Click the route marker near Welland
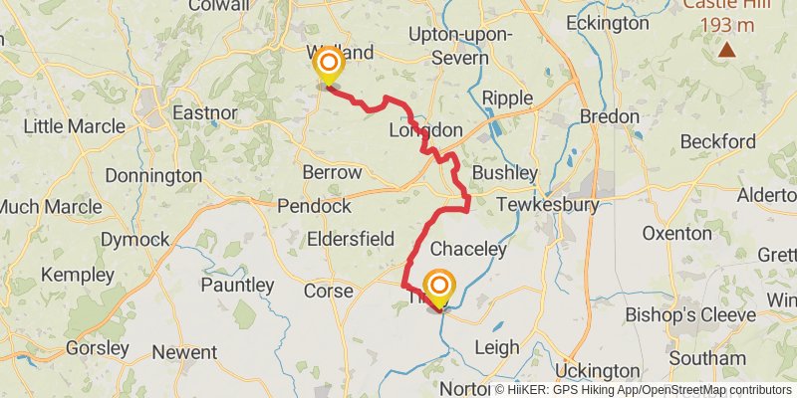[x=327, y=66]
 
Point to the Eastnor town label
[x=204, y=113]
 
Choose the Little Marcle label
[x=74, y=126]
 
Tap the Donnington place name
[x=155, y=175]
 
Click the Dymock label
[x=134, y=239]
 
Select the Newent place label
[x=183, y=352]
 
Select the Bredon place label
[x=609, y=116]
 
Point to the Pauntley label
[x=236, y=286]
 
